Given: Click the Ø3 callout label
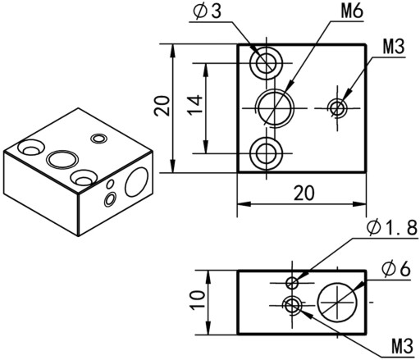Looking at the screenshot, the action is (x=207, y=12).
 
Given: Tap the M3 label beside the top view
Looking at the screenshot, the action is (x=393, y=47).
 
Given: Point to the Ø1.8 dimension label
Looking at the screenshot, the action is (x=392, y=228).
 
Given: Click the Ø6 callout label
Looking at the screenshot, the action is (x=396, y=269).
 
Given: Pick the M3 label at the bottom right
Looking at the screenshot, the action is (x=402, y=346).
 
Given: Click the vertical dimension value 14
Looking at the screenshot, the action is (x=196, y=105).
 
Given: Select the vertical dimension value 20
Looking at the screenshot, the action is (x=162, y=106).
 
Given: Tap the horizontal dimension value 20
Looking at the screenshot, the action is (x=304, y=193).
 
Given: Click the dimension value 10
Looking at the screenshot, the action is (x=198, y=301).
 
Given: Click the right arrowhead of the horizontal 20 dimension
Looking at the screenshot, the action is (x=359, y=204).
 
